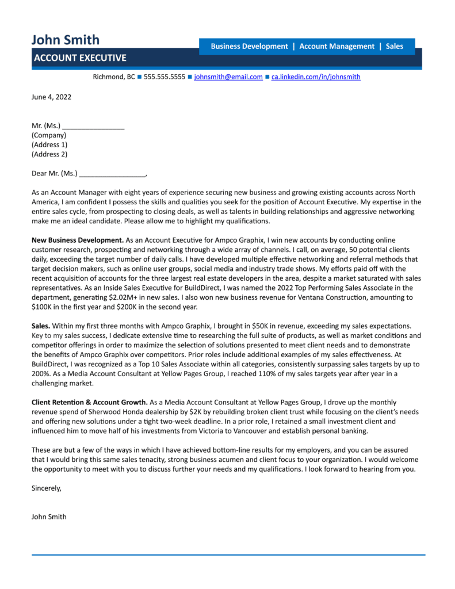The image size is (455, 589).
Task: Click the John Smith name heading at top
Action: tap(65, 39)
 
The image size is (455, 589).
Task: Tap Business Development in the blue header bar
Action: tap(249, 46)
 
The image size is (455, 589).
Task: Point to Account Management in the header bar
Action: tap(337, 46)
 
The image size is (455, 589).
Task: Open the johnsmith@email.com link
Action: tap(228, 77)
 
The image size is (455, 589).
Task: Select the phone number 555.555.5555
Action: tap(165, 77)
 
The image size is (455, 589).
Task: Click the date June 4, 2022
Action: tap(51, 97)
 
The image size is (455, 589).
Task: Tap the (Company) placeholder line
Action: tap(49, 135)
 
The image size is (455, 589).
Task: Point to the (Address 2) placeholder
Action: tap(49, 154)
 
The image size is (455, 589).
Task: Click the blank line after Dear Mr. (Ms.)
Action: tap(113, 173)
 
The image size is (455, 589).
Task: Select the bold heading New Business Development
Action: tap(77, 239)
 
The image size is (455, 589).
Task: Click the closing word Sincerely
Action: tap(46, 488)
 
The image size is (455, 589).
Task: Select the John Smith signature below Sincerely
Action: tap(49, 517)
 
